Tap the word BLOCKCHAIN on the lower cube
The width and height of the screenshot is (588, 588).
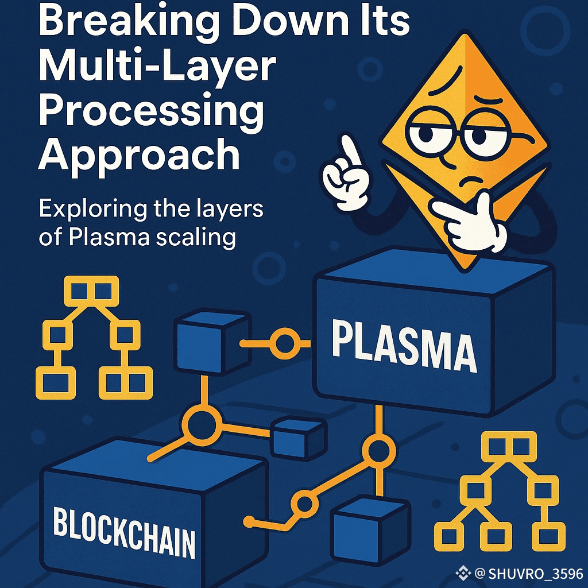point(124,529)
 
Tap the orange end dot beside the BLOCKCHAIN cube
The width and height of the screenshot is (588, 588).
point(249,521)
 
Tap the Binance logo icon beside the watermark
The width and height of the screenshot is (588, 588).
point(463,573)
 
